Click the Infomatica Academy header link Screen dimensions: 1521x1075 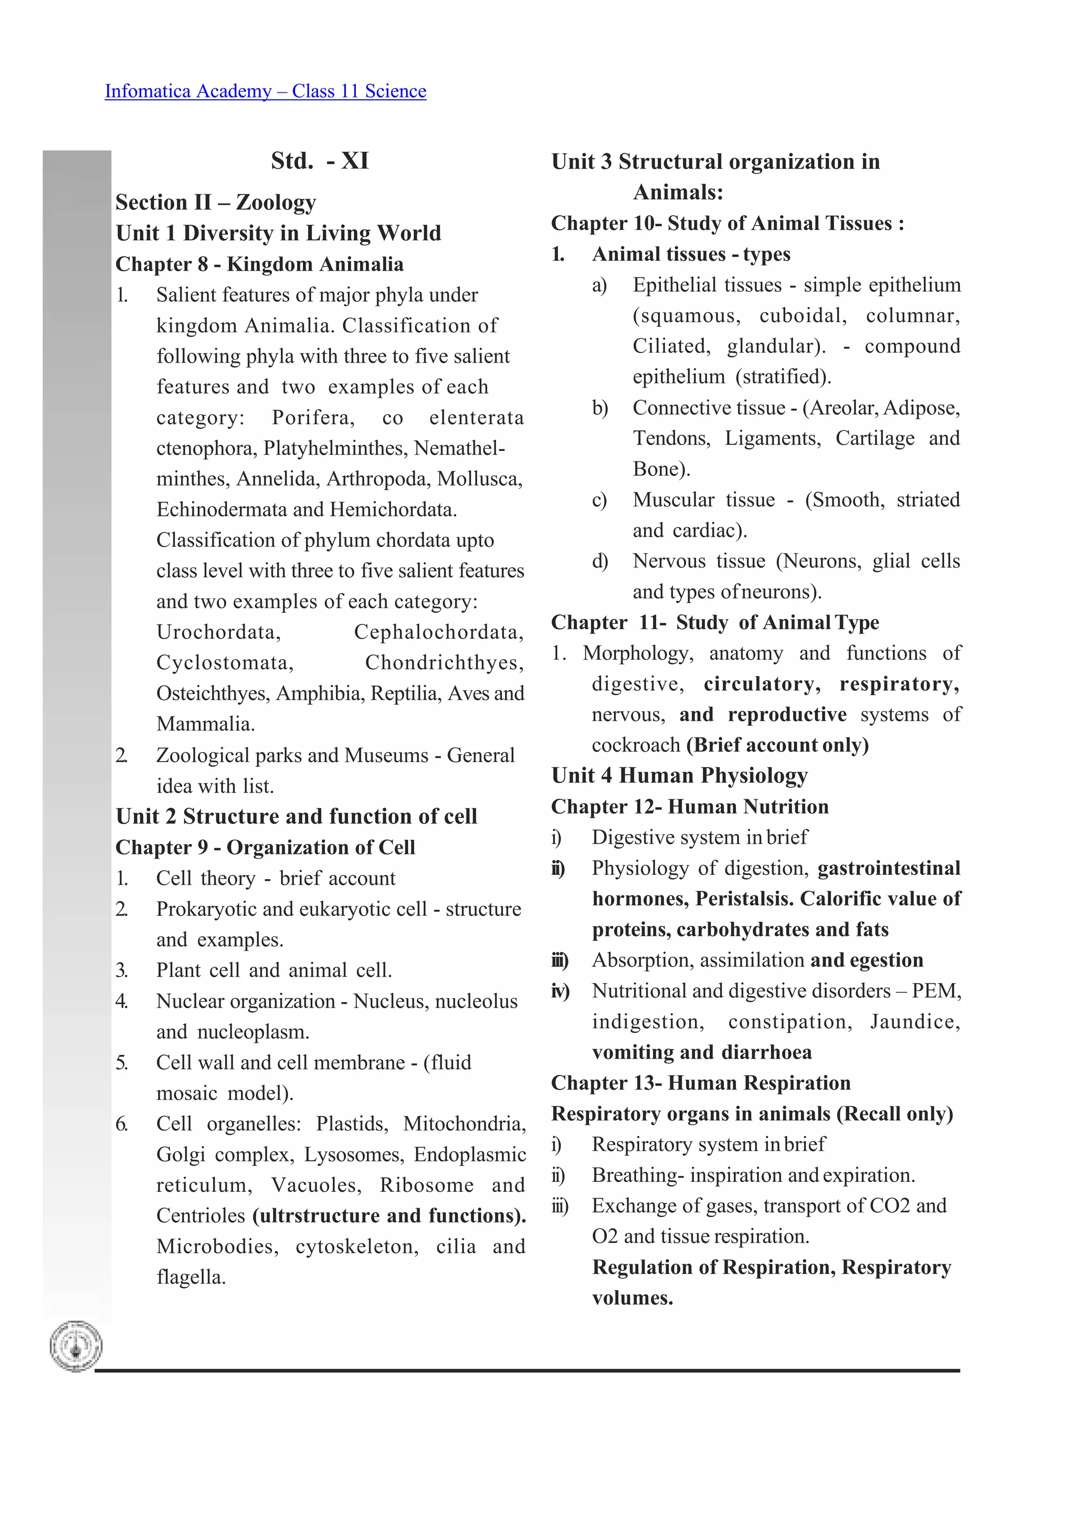click(x=265, y=91)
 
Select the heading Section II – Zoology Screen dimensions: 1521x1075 click(x=215, y=202)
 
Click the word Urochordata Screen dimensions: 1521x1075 click(x=218, y=632)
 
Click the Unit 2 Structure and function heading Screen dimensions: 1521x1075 click(x=296, y=816)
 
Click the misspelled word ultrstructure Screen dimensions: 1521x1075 click(x=317, y=1216)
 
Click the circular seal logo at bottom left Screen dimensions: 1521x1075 click(x=76, y=1346)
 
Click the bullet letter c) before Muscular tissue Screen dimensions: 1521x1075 click(x=599, y=500)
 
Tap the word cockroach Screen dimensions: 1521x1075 click(x=636, y=745)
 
